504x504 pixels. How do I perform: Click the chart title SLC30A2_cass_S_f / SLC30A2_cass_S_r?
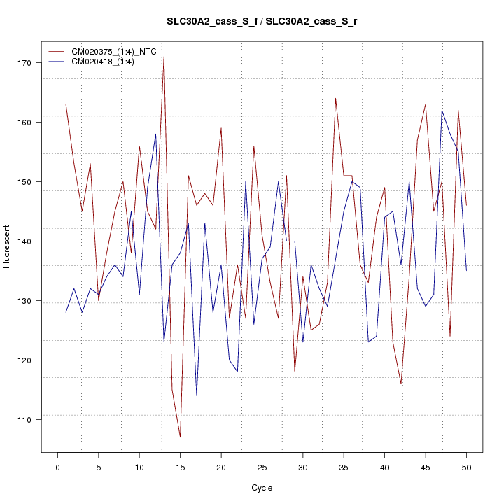(262, 22)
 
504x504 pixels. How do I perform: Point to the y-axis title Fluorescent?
(8, 246)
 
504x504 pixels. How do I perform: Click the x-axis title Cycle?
(262, 488)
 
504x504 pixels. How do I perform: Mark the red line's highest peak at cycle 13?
(164, 57)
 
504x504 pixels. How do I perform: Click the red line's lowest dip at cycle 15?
(180, 437)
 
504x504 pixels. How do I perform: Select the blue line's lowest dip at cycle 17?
(197, 395)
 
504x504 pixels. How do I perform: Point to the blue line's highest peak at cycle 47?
(442, 111)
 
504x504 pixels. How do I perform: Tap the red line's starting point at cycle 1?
(66, 104)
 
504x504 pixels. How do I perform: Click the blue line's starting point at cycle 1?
(66, 312)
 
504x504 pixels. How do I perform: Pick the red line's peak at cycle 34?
(335, 99)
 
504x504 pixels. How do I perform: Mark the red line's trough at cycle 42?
(401, 384)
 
